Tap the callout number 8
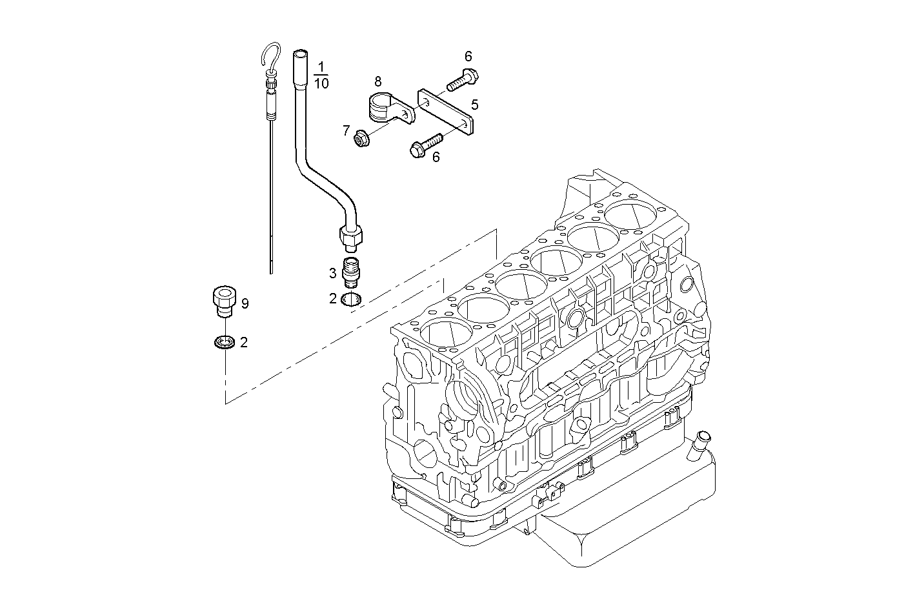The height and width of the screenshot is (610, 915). point(377,81)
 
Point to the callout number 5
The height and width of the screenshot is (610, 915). point(474,104)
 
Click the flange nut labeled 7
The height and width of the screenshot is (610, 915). point(361,137)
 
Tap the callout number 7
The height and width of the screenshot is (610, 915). point(347,131)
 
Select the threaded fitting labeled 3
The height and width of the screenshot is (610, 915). point(351,272)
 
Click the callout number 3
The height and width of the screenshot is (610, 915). point(333,273)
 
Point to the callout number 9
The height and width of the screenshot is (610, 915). point(245,303)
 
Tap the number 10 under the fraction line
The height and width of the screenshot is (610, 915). point(321,83)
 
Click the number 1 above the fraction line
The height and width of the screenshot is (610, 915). point(322,67)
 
